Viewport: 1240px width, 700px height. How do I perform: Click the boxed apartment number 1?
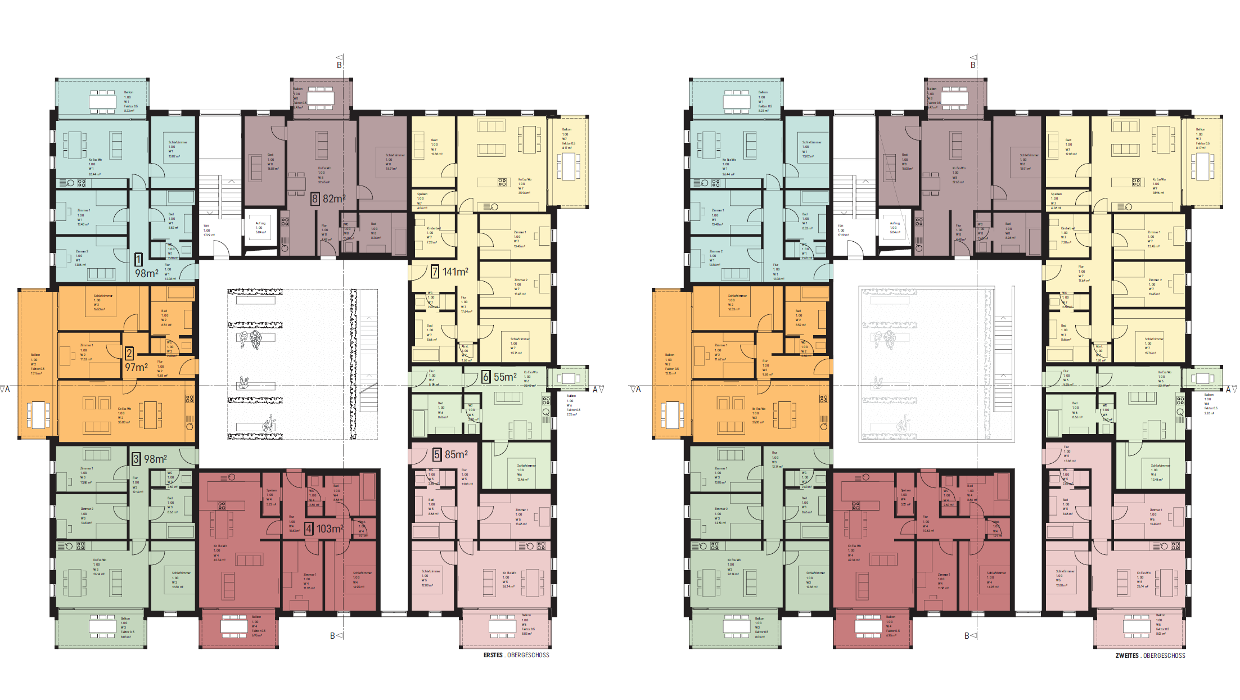tap(138, 259)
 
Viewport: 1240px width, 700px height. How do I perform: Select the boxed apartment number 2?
tap(129, 353)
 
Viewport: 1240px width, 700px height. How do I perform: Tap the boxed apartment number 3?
tap(136, 459)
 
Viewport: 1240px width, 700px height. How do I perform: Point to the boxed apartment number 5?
tap(437, 454)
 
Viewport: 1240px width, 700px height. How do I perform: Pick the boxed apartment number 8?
tap(315, 198)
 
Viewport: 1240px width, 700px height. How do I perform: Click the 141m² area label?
tap(456, 272)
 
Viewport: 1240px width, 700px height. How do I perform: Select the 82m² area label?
tap(334, 198)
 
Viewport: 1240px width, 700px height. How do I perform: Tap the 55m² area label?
tap(505, 377)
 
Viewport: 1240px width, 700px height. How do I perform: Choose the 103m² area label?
tap(330, 529)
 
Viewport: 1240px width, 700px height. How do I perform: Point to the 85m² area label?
tap(456, 454)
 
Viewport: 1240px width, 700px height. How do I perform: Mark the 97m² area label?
tap(137, 367)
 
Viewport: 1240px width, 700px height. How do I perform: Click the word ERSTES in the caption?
tap(493, 655)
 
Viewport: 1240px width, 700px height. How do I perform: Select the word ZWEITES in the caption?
tap(1127, 656)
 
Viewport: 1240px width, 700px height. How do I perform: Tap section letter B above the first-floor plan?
tap(339, 65)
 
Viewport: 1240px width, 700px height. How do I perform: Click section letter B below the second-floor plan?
tap(967, 636)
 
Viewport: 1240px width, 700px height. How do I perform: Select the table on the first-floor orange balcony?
tap(38, 414)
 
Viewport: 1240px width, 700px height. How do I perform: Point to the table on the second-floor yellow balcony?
tap(1202, 165)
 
